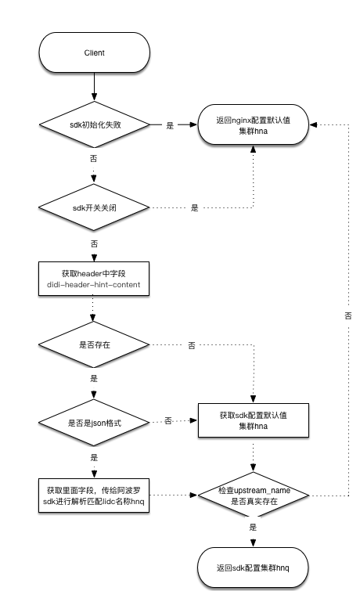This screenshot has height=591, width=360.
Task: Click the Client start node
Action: click(94, 52)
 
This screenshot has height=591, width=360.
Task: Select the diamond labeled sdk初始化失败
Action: click(94, 124)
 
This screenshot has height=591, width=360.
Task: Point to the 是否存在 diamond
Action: click(94, 344)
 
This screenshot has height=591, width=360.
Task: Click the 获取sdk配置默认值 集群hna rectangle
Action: click(253, 422)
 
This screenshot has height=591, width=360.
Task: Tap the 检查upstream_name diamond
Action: click(253, 495)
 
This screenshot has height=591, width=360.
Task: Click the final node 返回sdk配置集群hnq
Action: click(253, 567)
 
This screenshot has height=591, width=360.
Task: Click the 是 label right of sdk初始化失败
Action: click(170, 125)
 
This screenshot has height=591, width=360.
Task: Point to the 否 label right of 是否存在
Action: click(192, 345)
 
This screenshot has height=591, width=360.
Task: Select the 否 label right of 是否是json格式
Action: click(168, 422)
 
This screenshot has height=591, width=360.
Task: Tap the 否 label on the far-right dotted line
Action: click(347, 315)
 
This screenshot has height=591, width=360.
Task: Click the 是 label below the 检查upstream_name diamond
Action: click(253, 528)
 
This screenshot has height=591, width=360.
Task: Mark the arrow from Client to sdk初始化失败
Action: click(94, 86)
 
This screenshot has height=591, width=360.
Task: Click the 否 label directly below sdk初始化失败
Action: click(94, 157)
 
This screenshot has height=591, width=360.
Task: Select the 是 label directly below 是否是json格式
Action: click(94, 457)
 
